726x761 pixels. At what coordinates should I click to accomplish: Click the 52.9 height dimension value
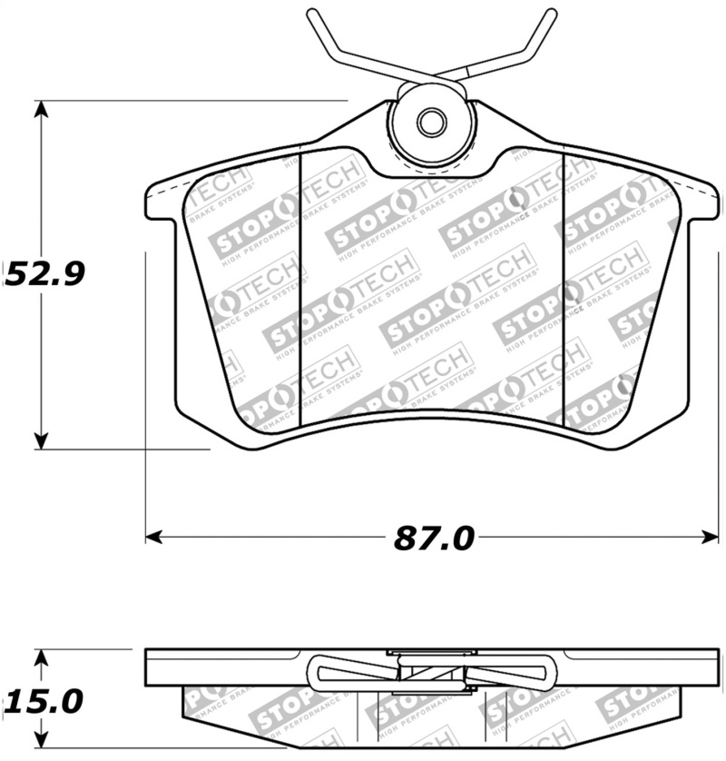(x=45, y=272)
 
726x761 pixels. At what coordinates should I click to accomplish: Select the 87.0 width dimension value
(x=434, y=538)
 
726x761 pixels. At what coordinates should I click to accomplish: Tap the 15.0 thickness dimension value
(x=44, y=701)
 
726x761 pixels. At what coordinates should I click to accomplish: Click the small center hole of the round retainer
(x=431, y=123)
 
